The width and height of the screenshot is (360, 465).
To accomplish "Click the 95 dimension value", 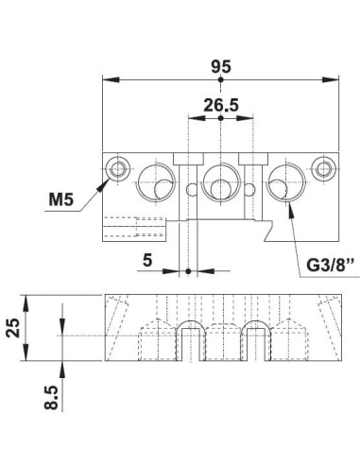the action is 221,66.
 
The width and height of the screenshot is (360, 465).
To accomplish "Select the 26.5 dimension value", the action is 221,105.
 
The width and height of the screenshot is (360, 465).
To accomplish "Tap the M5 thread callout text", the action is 61,199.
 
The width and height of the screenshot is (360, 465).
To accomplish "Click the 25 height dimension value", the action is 13,328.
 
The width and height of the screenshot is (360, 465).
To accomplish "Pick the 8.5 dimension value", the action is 51,398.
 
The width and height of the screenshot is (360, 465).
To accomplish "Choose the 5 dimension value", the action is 147,260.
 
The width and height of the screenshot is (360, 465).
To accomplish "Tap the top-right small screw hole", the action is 323,168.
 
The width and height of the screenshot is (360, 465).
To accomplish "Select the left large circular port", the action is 157,182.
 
